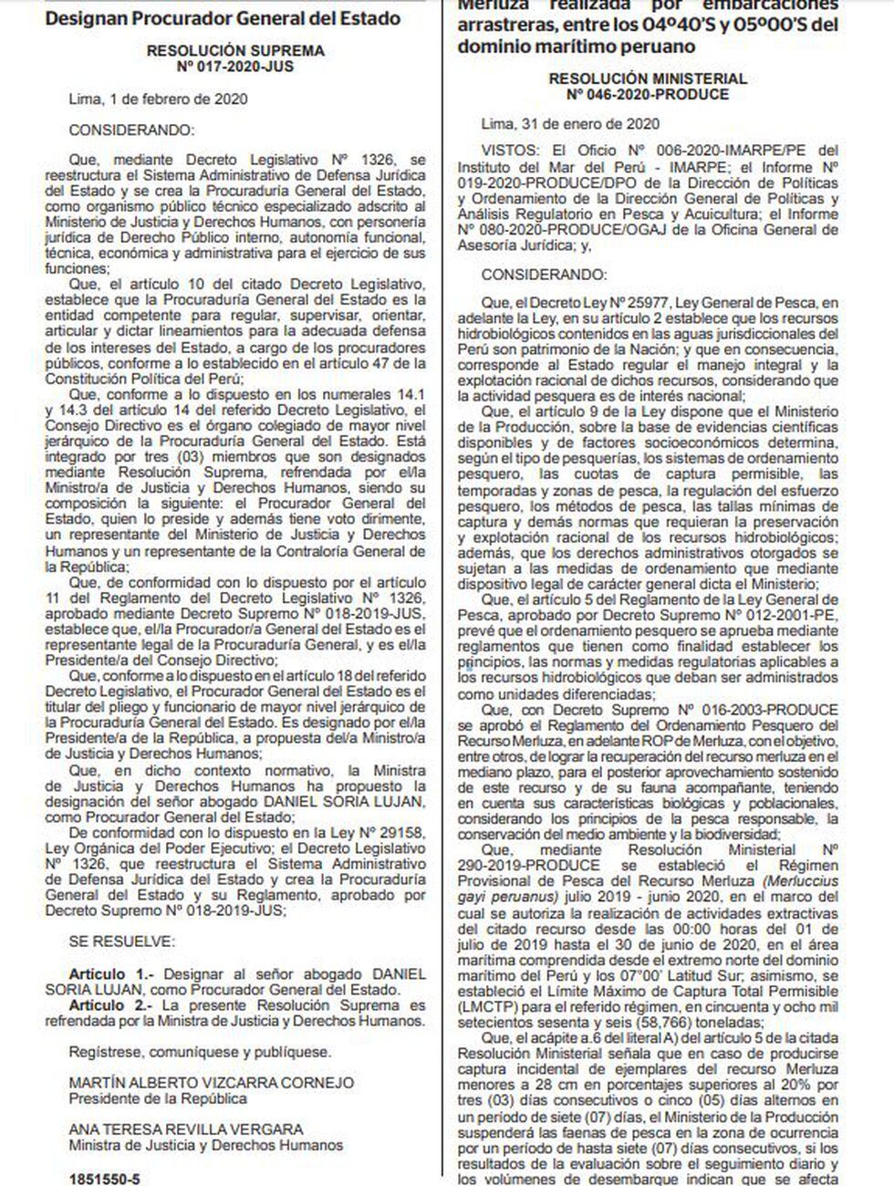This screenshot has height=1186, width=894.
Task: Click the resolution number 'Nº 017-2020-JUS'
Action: [234, 67]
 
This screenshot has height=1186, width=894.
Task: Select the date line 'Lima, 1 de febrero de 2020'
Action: [158, 99]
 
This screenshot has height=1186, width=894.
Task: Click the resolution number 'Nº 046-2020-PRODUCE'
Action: [647, 94]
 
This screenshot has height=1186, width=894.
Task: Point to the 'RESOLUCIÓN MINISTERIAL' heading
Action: [647, 79]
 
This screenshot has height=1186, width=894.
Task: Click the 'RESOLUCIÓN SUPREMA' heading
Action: [234, 52]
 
